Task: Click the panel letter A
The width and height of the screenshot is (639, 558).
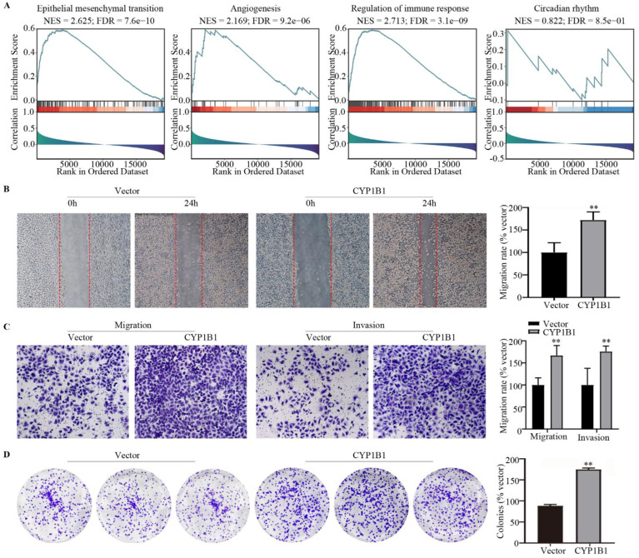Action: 7,5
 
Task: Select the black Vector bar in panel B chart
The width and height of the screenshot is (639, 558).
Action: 550,275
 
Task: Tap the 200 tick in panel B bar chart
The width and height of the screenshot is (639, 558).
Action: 522,208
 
